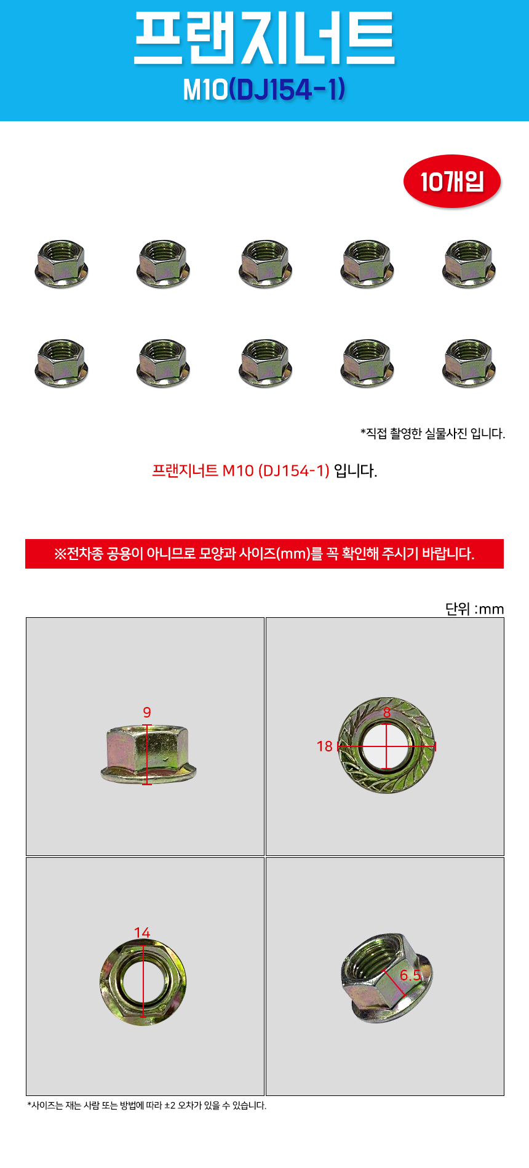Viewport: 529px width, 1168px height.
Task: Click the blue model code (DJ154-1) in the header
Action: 287,90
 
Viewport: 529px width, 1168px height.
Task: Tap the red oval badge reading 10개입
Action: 452,182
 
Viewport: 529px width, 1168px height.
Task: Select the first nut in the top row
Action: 61,263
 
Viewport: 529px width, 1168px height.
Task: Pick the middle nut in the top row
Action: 265,263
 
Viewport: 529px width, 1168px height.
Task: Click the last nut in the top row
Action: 469,263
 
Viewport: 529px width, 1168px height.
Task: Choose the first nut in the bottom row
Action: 61,363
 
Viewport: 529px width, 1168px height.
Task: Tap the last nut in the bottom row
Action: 469,363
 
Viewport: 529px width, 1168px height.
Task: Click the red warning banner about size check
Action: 264,554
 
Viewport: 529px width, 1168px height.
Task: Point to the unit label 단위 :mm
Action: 474,609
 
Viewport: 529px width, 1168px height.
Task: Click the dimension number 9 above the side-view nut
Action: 147,713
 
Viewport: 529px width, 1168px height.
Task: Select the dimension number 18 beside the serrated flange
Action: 325,746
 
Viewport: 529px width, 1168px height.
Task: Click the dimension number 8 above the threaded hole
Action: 387,713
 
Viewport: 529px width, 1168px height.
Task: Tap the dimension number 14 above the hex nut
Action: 142,933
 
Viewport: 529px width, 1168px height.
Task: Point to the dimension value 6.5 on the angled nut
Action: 410,975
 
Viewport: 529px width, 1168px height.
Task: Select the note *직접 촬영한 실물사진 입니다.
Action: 432,434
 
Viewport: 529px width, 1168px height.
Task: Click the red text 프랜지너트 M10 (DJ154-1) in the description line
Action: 241,471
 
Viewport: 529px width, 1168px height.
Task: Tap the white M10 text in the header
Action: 205,90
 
